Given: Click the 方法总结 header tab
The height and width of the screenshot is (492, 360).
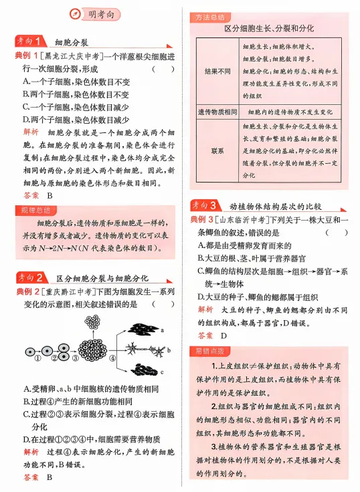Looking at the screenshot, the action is pyautogui.click(x=208, y=17).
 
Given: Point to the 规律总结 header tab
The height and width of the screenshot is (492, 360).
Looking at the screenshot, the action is pyautogui.click(x=33, y=210).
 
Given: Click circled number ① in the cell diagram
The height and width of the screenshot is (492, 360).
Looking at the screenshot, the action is pyautogui.click(x=37, y=357).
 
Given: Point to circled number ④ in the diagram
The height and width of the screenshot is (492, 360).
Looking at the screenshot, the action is pyautogui.click(x=112, y=357).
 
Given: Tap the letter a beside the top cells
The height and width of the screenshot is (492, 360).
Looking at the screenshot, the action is pyautogui.click(x=163, y=330).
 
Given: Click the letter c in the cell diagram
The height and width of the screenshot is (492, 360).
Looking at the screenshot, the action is pyautogui.click(x=162, y=372).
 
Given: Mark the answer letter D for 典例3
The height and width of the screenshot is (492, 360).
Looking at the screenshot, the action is pyautogui.click(x=223, y=336).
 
